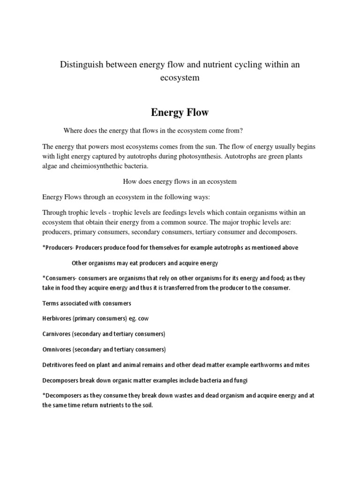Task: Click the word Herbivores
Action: (x=57, y=318)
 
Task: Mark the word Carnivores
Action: (x=57, y=334)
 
